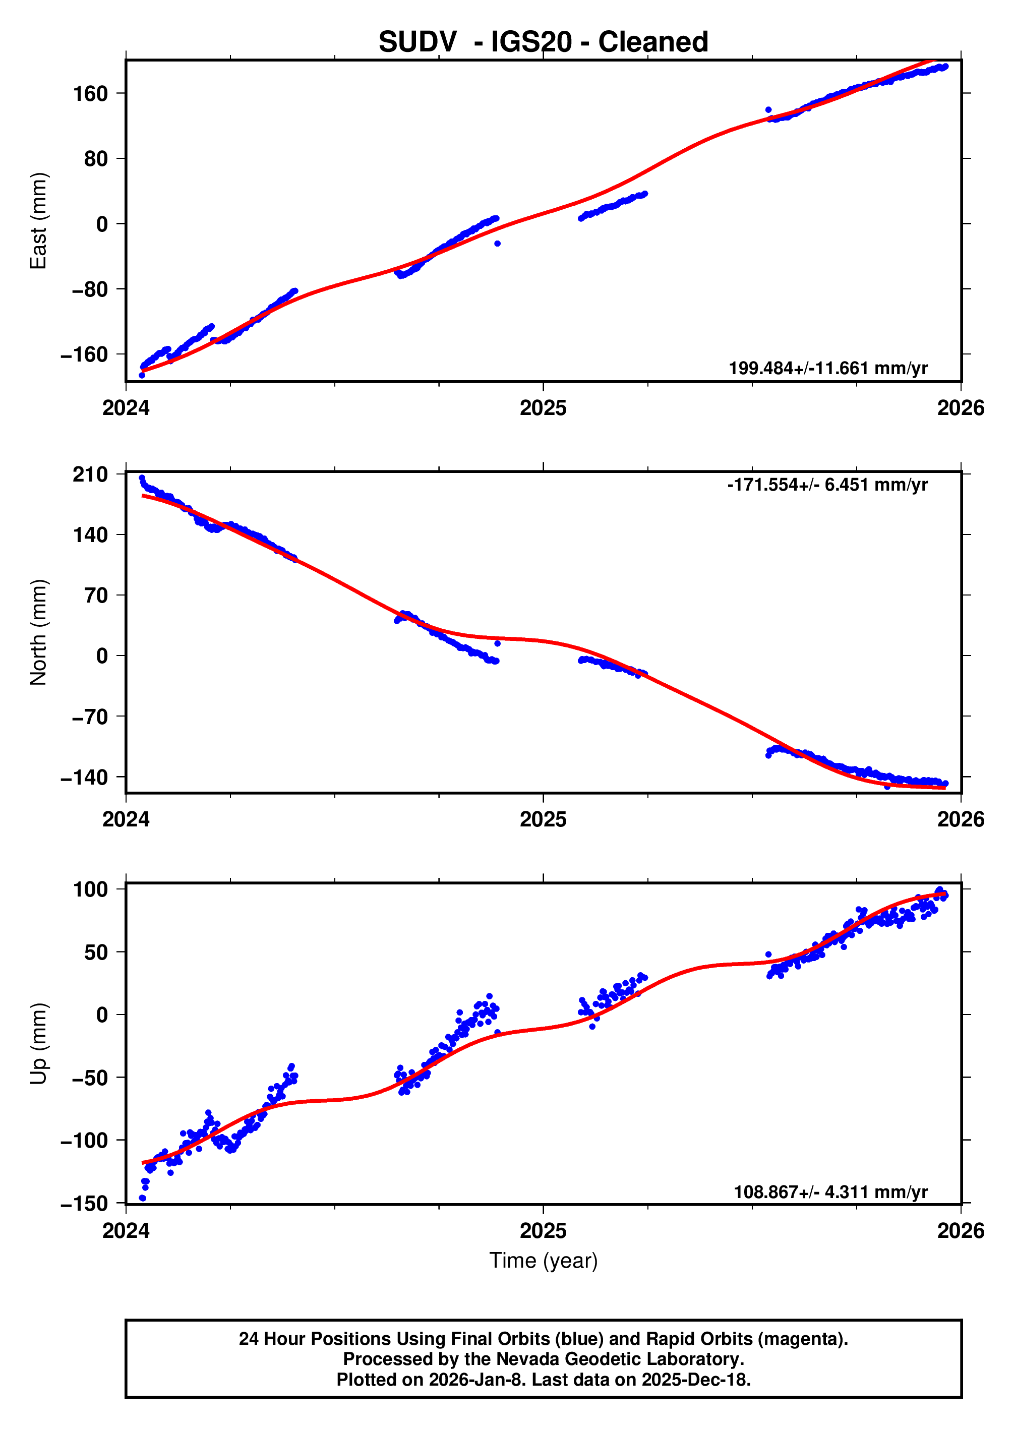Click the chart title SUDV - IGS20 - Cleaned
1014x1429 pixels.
[543, 42]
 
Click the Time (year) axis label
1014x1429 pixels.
[543, 1261]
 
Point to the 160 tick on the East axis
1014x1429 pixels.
[91, 94]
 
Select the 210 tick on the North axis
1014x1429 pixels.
[91, 474]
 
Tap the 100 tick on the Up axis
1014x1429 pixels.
[91, 889]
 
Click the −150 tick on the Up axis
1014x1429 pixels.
[84, 1203]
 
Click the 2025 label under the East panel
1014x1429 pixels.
[543, 408]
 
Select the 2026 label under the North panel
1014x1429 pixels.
[961, 820]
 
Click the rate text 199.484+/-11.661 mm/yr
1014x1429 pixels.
[828, 368]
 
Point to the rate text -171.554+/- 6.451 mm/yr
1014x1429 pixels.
[827, 485]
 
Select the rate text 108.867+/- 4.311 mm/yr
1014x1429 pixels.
[830, 1192]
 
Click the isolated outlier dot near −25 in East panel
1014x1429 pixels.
[498, 244]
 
